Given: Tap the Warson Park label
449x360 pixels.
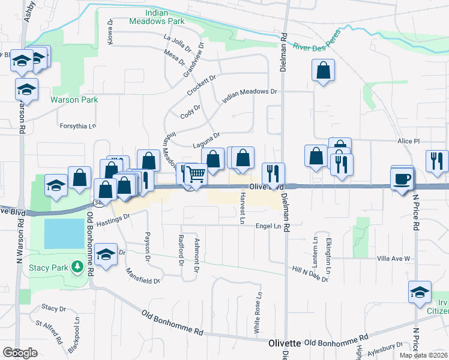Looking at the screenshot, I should [x=73, y=100].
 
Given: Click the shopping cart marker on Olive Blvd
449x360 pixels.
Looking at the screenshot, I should [x=196, y=175].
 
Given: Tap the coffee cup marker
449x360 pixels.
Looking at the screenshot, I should [x=402, y=178].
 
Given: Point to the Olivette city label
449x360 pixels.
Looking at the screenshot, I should [x=284, y=343].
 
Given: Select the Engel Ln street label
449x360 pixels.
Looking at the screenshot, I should [x=268, y=226].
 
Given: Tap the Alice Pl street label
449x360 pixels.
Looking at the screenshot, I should [x=408, y=141].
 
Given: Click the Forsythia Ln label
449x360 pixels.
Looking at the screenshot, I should [x=77, y=126].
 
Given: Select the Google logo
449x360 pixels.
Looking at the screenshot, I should [x=20, y=353].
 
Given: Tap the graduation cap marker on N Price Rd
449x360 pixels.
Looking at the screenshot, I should [x=420, y=292].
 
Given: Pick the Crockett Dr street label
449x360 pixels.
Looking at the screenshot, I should [x=200, y=83].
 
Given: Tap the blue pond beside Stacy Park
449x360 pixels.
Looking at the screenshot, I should [x=64, y=233].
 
